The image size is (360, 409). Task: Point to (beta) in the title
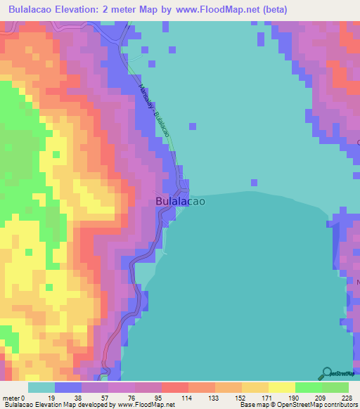[271, 10]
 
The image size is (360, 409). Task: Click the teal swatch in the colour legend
[41, 387]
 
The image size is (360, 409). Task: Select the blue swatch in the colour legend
[68, 387]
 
